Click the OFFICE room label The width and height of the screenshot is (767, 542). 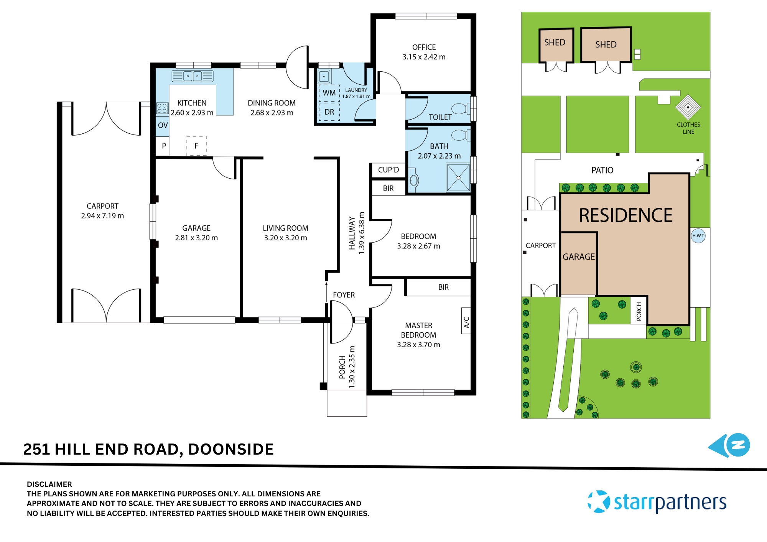click(x=424, y=47)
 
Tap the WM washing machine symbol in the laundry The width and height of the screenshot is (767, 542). click(x=329, y=93)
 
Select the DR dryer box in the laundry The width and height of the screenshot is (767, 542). click(x=329, y=112)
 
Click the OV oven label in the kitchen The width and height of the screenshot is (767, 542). click(x=163, y=125)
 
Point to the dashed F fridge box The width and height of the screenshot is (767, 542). click(x=196, y=146)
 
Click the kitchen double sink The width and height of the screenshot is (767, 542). click(x=193, y=76)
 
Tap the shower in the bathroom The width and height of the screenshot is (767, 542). click(x=458, y=177)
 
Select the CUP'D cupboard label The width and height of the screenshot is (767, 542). click(x=388, y=170)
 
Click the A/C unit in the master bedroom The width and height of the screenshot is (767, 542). click(x=466, y=321)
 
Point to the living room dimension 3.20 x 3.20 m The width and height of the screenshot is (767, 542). click(x=285, y=238)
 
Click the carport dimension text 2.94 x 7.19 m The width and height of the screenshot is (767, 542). click(x=102, y=216)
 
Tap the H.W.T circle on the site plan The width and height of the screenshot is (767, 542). click(x=698, y=236)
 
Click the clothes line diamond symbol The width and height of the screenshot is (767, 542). click(x=688, y=107)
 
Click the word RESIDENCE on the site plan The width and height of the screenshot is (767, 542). click(x=625, y=215)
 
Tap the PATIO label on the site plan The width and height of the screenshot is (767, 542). click(x=602, y=170)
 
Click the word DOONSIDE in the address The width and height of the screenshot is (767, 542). click(x=231, y=449)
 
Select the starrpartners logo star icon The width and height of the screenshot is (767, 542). click(x=599, y=501)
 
